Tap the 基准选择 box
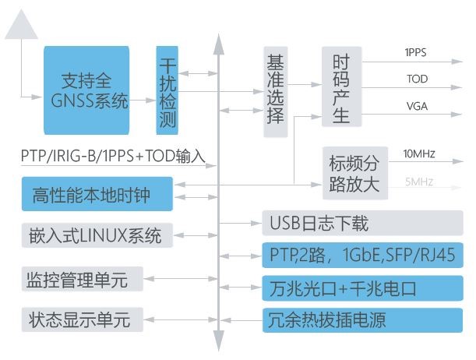point(276,94)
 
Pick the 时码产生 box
point(341,87)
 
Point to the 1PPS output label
point(415,52)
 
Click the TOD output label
point(416,79)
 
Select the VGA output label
point(416,105)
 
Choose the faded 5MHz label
point(418,182)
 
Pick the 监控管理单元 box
point(83,277)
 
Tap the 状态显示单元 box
point(83,319)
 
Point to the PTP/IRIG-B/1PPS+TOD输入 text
point(113,156)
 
